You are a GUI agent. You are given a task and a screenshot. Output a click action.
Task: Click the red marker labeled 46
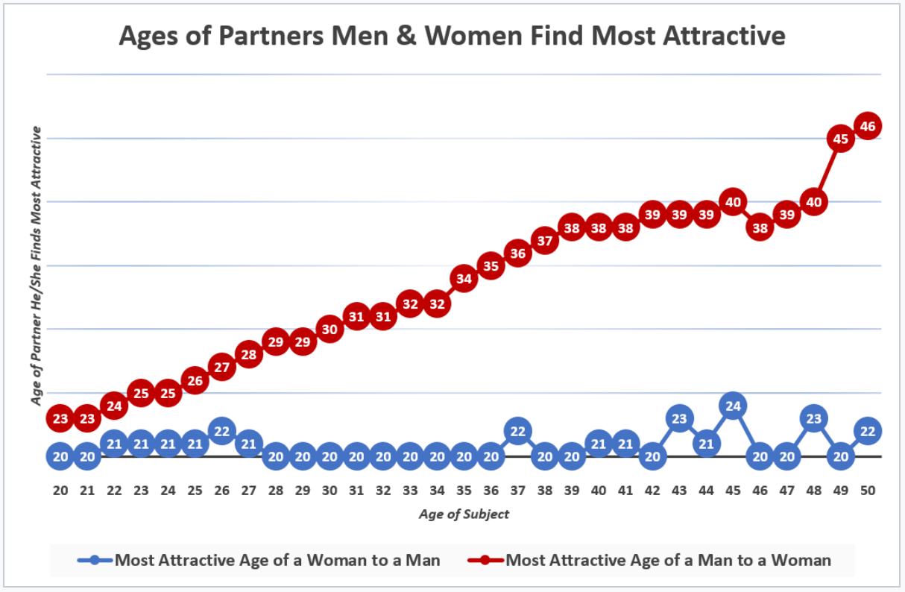(868, 126)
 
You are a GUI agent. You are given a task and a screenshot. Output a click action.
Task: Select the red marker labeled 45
(841, 139)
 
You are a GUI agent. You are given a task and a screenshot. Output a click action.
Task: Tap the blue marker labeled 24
(733, 406)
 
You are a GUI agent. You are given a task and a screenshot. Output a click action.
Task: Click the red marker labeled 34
(464, 279)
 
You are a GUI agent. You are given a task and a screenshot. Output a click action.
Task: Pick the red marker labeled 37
(545, 241)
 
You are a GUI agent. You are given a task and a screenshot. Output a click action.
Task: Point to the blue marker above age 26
(221, 431)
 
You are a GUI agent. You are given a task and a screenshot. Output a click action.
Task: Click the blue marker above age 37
(517, 431)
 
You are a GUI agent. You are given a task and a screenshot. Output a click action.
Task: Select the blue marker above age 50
(868, 431)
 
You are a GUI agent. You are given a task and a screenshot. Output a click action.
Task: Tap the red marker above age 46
(760, 228)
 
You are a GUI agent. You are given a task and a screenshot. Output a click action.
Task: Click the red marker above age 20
(60, 418)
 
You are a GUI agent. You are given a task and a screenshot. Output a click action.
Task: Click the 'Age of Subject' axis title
(464, 514)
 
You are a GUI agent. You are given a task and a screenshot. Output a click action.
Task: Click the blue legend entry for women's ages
(261, 560)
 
